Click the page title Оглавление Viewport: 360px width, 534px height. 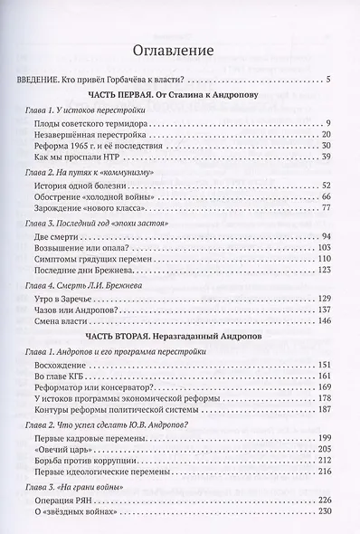click(x=180, y=51)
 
